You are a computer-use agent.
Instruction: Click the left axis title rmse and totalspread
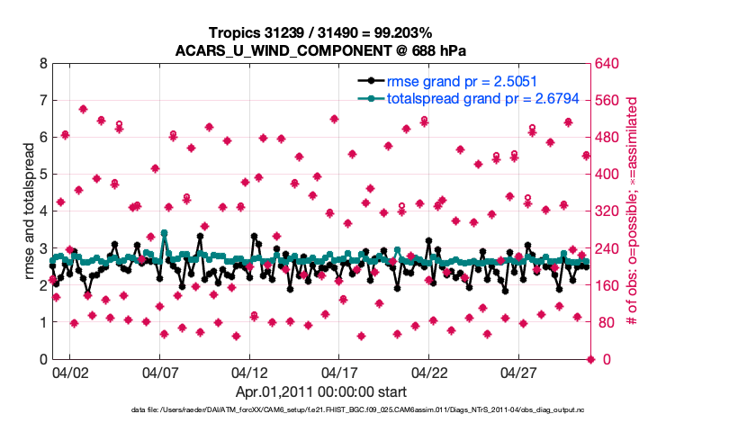25,211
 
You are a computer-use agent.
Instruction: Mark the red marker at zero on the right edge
590,359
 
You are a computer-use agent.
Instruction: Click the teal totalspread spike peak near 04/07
164,233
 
